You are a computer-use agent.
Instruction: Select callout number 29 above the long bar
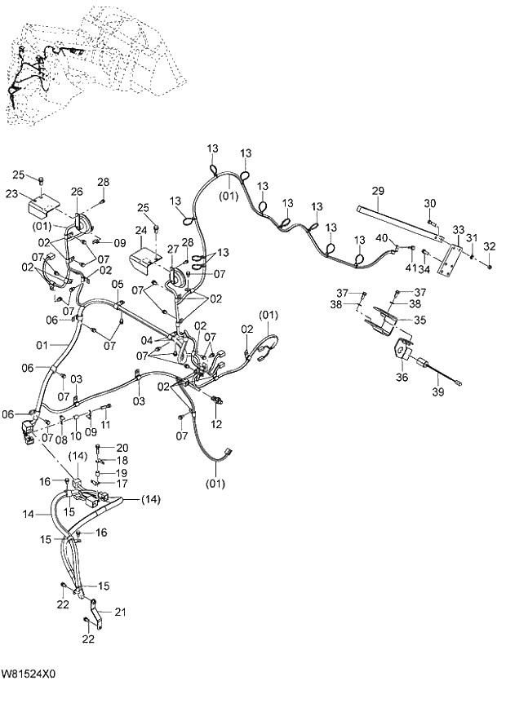[x=378, y=191]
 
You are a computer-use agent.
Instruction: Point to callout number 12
[x=216, y=425]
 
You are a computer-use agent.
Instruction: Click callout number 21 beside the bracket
[x=121, y=612]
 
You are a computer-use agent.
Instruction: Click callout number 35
[x=420, y=321]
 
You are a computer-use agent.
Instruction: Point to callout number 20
[x=122, y=448]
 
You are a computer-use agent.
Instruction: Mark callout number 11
[x=105, y=425]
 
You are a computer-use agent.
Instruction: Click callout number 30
[x=431, y=203]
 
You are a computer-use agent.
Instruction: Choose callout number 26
[x=77, y=192]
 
